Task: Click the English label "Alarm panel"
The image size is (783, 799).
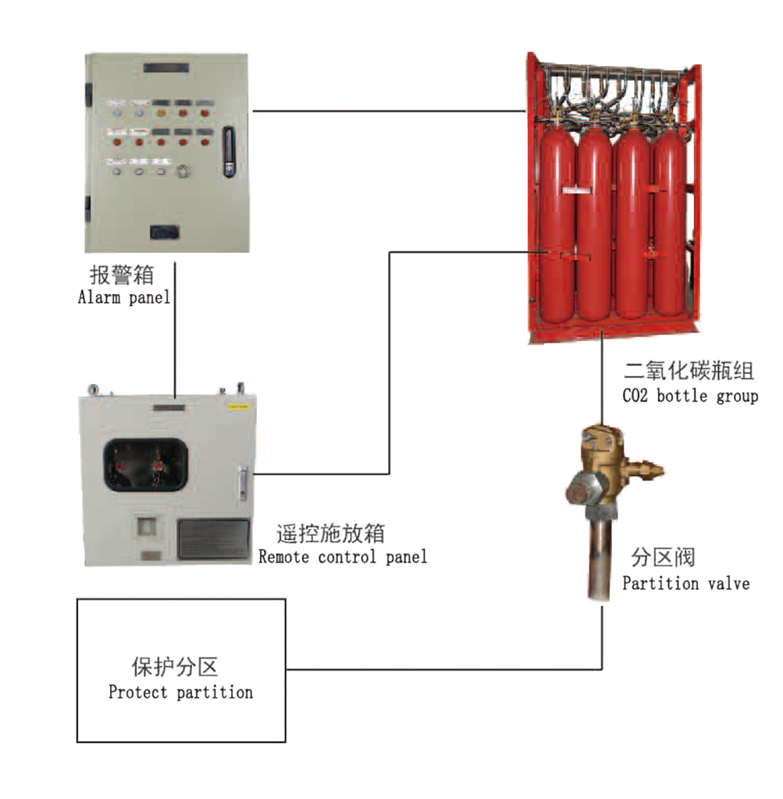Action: coord(123,297)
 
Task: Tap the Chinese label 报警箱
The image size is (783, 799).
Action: coord(122,275)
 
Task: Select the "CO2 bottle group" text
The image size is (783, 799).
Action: coord(690,396)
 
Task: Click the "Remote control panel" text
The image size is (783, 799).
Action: coord(343,557)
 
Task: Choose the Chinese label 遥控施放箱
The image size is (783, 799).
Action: coord(331,534)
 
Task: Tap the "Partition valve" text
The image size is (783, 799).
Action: coord(685,583)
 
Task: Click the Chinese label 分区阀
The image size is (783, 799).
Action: coord(663,558)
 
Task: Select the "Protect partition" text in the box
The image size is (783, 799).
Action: coord(180,692)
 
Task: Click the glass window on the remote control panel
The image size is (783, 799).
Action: coord(146,464)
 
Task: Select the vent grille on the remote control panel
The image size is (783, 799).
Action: coord(212,539)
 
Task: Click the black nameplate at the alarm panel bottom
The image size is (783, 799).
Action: coord(164,232)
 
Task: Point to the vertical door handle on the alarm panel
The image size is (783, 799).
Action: coord(229,153)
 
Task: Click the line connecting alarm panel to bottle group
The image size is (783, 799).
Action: coord(386,111)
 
